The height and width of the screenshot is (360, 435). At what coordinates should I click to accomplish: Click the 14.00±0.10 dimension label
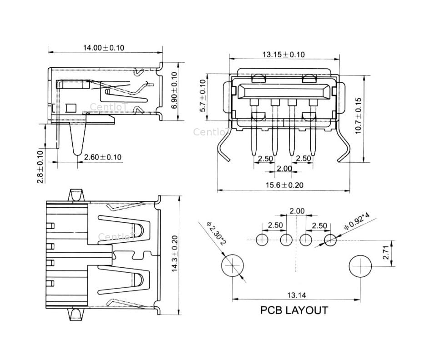pos(103,48)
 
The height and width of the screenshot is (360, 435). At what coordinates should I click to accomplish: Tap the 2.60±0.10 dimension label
pos(103,157)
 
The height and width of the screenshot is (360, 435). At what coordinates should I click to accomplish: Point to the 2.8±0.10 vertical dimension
pos(40,166)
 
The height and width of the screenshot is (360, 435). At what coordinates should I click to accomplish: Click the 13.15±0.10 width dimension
pos(283,55)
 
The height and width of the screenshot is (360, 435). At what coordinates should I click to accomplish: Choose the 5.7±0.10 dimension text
pos(203,95)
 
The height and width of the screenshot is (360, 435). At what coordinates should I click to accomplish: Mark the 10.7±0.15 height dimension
pos(358,115)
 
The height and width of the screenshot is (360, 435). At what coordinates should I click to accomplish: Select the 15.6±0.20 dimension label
pos(284,185)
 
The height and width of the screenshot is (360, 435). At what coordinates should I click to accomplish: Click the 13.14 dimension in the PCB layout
pos(296,295)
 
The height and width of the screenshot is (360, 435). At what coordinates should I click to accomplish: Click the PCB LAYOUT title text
pos(294,310)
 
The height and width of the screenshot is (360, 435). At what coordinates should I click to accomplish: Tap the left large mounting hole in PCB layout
pos(233,265)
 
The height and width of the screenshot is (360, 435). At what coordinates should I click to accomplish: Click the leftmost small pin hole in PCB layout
pos(263,240)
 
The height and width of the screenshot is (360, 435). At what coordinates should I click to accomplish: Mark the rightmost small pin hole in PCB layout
pos(330,240)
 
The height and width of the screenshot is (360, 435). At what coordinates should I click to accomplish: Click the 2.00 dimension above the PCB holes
pos(297,211)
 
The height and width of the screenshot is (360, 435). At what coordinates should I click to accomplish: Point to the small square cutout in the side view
pos(71,108)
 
